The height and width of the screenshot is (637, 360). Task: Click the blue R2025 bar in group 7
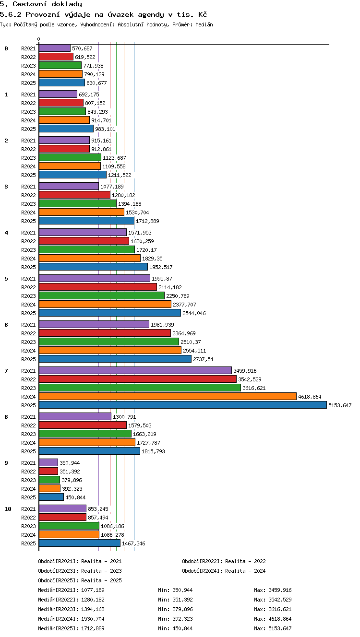click(183, 405)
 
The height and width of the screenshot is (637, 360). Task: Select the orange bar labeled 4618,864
click(168, 396)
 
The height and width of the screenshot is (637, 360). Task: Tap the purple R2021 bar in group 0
click(55, 48)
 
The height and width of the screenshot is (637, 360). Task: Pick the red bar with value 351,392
click(48, 471)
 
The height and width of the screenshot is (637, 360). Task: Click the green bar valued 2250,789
click(102, 296)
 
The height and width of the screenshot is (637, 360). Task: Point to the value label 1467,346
click(133, 543)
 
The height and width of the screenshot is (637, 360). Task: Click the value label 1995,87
click(162, 279)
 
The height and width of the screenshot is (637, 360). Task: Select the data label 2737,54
click(203, 359)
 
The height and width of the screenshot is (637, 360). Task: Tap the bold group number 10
click(8, 509)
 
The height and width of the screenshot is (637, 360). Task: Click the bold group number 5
click(6, 279)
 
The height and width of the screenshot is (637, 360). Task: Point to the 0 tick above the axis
click(39, 39)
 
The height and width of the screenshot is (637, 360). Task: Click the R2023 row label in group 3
click(28, 204)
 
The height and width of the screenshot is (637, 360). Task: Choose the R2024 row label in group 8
click(28, 443)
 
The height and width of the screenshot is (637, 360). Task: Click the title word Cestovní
click(29, 4)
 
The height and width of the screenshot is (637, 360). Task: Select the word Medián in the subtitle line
click(204, 24)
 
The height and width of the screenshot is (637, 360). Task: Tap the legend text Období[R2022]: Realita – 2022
click(224, 561)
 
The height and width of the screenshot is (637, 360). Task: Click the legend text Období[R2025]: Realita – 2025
click(80, 580)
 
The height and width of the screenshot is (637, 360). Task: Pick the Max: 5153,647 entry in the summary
click(273, 628)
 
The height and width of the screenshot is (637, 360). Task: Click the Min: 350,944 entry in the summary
click(175, 590)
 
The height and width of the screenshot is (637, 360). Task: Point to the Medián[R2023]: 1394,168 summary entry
click(71, 609)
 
